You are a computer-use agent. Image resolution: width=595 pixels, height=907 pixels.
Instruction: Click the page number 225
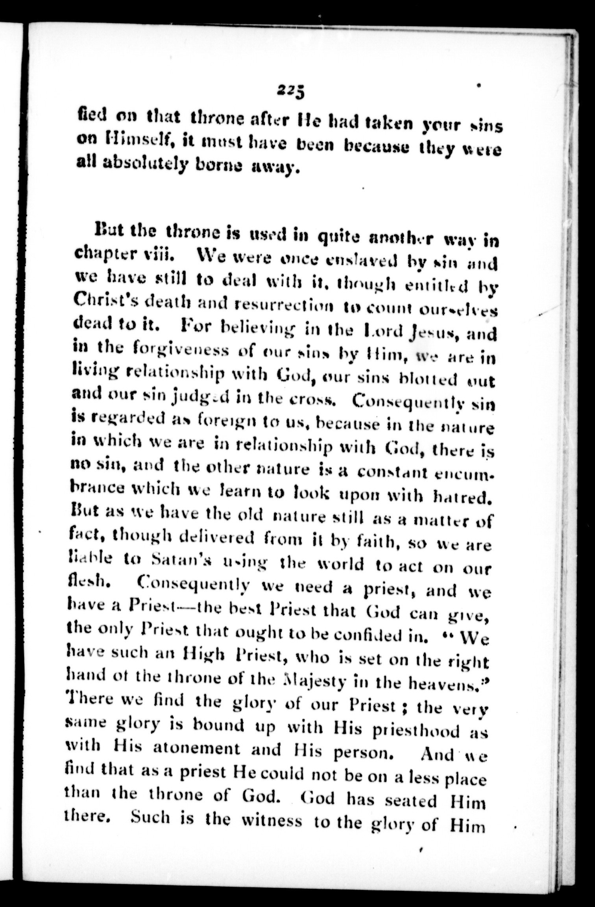[x=292, y=93]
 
